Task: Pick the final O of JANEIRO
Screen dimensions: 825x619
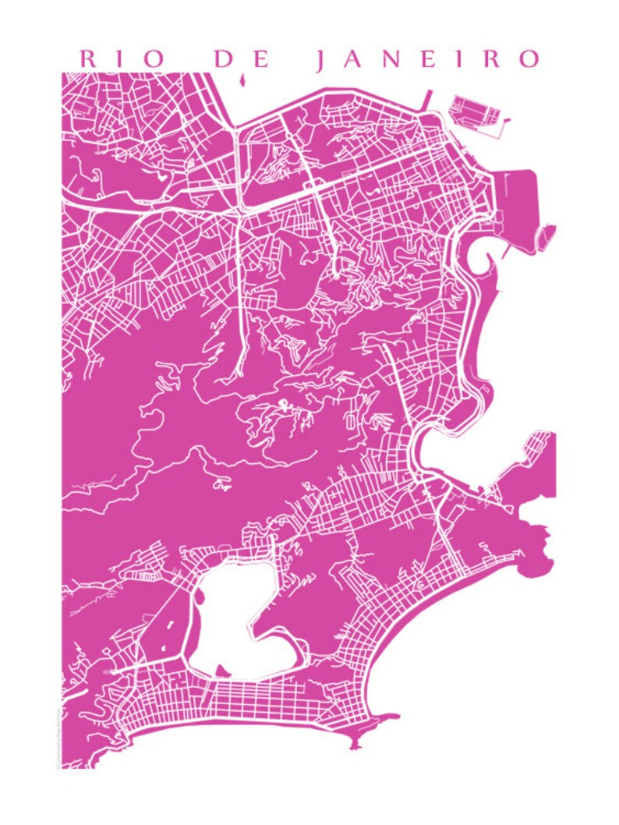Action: (529, 59)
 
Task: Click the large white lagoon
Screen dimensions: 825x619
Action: (234, 616)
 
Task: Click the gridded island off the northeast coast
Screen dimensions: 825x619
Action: (476, 112)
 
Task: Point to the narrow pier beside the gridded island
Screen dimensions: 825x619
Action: (427, 100)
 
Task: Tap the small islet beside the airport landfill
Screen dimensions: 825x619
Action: (548, 233)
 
